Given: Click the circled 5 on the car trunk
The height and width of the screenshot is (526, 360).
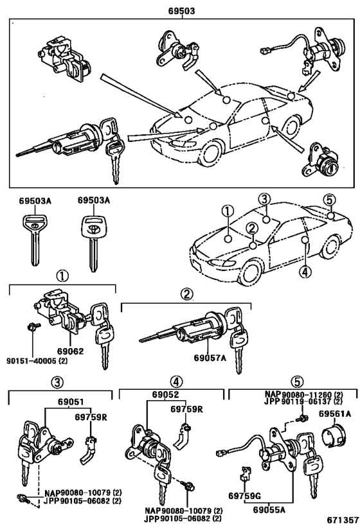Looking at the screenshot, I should click(328, 199).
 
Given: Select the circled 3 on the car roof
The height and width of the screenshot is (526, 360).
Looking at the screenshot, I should click(264, 198).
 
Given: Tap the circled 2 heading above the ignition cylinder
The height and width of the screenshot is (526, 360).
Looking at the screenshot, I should click(186, 294).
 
